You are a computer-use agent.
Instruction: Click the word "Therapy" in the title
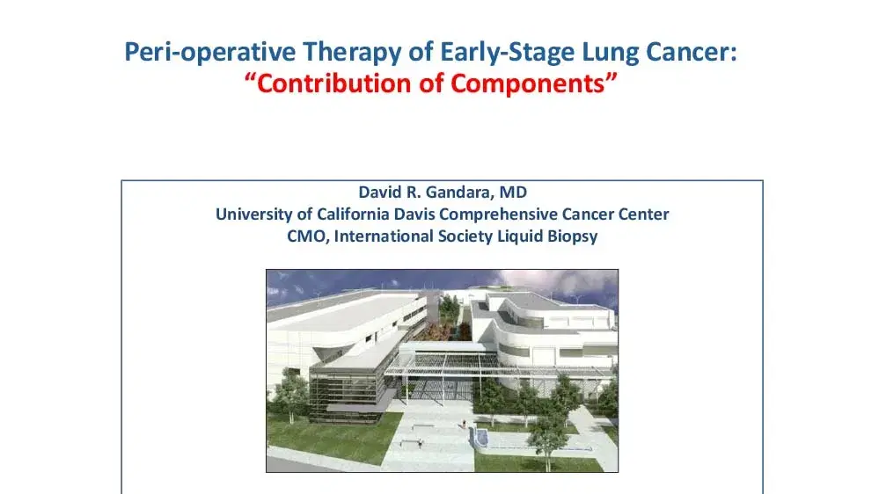(x=353, y=53)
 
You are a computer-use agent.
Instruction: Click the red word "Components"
(x=538, y=84)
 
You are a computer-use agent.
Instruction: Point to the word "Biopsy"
(x=574, y=236)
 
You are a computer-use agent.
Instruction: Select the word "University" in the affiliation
(x=253, y=214)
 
